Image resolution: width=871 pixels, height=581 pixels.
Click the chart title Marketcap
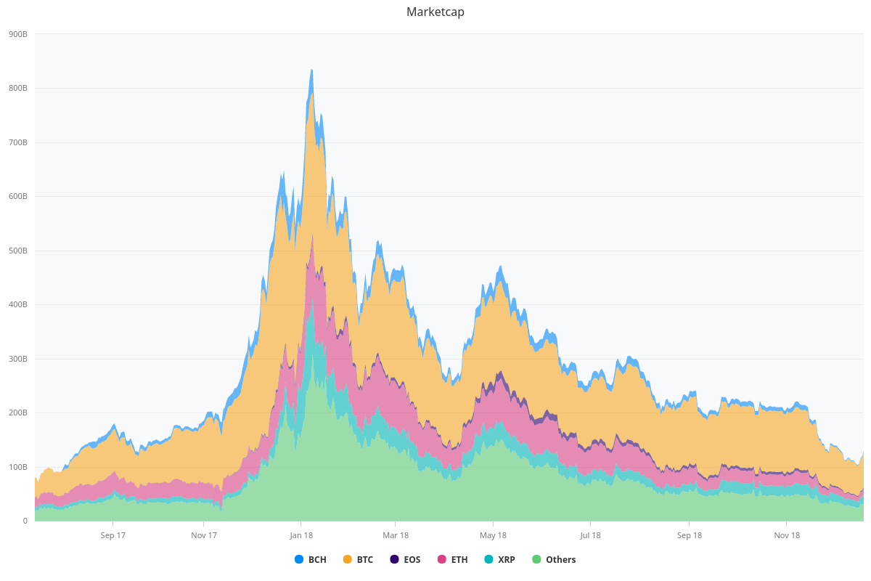point(435,12)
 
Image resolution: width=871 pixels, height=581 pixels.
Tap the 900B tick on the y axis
point(18,34)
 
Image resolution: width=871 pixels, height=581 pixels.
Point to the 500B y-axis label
point(18,251)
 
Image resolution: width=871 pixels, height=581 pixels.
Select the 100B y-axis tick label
point(18,467)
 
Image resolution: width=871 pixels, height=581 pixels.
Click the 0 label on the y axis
point(25,521)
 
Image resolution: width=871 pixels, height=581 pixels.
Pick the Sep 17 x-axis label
point(113,535)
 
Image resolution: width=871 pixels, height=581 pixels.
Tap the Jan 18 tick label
point(301,535)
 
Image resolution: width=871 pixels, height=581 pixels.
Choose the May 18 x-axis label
point(493,535)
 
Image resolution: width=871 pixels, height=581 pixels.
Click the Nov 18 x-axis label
point(787,535)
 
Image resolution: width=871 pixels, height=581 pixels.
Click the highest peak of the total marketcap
point(311,70)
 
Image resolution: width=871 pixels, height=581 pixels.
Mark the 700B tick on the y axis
point(18,142)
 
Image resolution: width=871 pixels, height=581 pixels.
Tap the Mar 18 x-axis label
point(395,535)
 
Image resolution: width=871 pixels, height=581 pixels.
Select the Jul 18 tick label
point(590,535)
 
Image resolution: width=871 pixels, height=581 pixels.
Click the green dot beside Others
point(536,559)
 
